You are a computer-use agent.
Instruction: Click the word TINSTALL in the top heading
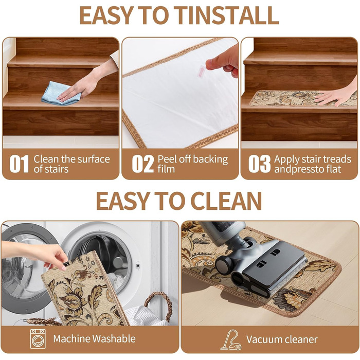[x=226, y=15]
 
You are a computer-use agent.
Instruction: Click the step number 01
[x=19, y=164]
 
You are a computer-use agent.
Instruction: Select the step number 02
[x=143, y=164]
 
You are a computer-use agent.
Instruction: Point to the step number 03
[x=259, y=164]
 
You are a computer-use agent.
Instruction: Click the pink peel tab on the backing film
[x=202, y=72]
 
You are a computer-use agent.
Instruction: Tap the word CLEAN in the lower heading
[x=226, y=201]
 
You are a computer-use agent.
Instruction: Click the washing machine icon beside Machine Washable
[x=38, y=338]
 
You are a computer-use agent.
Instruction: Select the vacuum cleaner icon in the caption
[x=231, y=340]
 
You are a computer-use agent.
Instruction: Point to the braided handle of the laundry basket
[x=158, y=305]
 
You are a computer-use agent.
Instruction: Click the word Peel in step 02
[x=167, y=159]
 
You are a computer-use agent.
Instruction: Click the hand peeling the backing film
[x=223, y=61]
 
